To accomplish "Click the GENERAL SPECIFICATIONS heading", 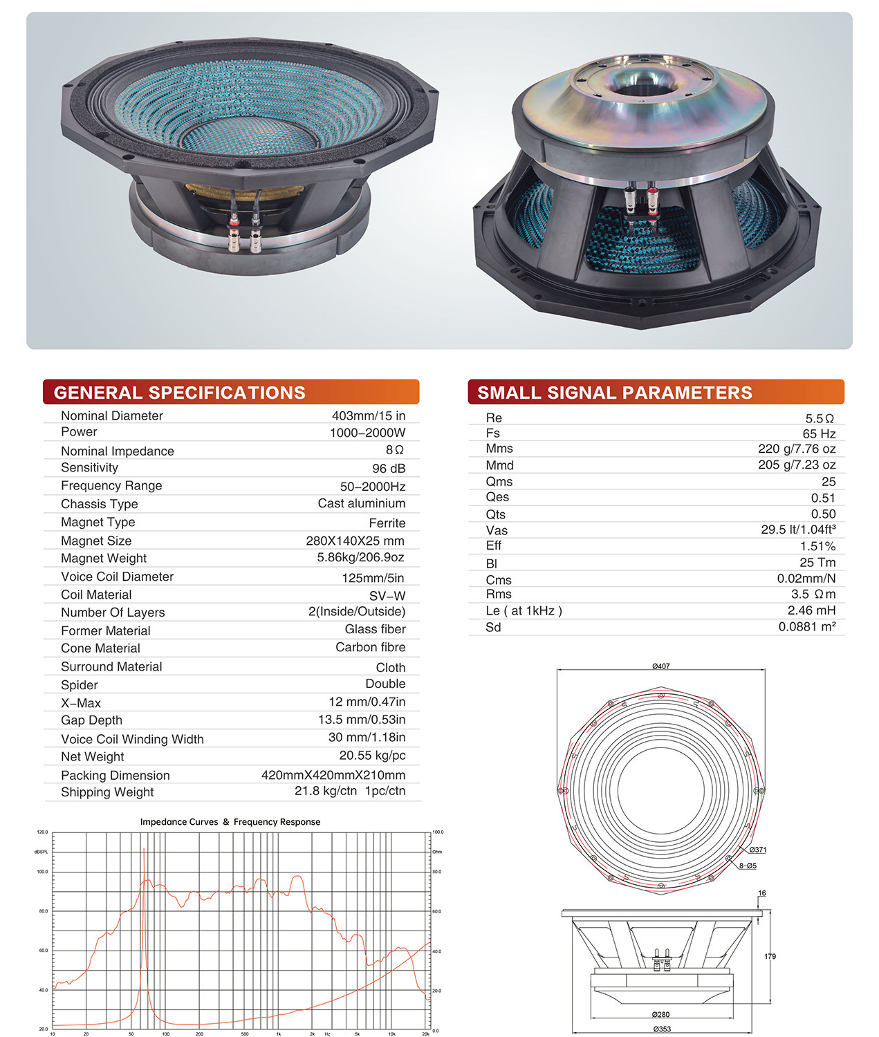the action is pyautogui.click(x=179, y=392).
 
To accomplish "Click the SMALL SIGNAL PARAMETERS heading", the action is pyautogui.click(x=614, y=392).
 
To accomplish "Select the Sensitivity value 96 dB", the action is pyautogui.click(x=389, y=468).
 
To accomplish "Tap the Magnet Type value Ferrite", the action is pyautogui.click(x=387, y=523).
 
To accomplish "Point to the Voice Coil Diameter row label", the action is pyautogui.click(x=117, y=577).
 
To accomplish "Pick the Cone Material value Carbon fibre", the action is pyautogui.click(x=371, y=647).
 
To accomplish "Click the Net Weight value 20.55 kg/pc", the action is pyautogui.click(x=372, y=756).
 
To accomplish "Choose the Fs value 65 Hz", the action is pyautogui.click(x=819, y=433).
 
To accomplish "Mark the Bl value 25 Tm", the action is pyautogui.click(x=817, y=562).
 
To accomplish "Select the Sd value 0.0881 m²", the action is pyautogui.click(x=806, y=626).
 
